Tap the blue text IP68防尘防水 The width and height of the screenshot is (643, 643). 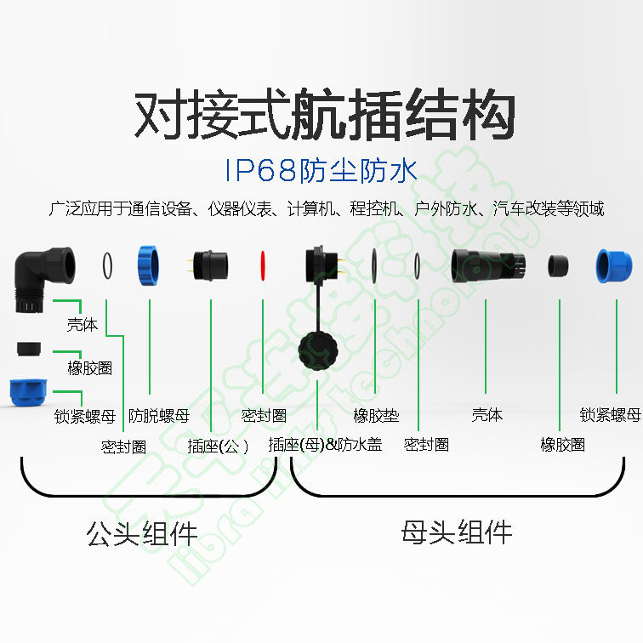[321, 170]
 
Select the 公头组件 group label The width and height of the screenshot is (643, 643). [142, 532]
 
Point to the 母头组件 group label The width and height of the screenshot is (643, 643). [457, 532]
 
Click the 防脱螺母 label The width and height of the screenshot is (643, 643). [159, 416]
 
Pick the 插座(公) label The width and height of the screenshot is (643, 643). [218, 446]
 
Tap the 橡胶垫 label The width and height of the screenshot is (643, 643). [376, 416]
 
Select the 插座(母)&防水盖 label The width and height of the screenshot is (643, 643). [325, 444]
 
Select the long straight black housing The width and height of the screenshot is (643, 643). [488, 266]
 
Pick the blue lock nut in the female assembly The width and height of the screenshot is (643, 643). [614, 266]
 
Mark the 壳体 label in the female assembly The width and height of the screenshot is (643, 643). [487, 415]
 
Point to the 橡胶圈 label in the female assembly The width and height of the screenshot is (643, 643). [562, 445]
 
